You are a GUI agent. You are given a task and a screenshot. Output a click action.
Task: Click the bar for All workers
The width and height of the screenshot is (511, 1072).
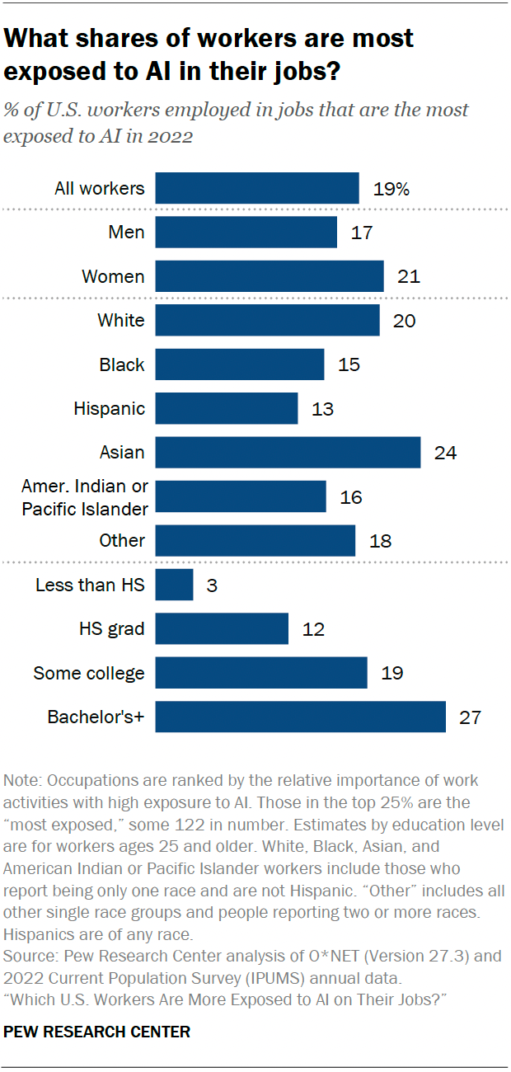[257, 188]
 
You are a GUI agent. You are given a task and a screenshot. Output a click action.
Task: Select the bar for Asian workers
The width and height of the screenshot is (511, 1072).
[288, 453]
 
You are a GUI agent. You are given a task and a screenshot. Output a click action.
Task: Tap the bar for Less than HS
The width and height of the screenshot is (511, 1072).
[174, 585]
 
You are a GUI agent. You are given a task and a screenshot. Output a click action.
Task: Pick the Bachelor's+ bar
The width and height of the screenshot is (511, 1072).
[300, 717]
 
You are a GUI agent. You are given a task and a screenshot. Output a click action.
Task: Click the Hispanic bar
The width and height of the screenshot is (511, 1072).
[227, 408]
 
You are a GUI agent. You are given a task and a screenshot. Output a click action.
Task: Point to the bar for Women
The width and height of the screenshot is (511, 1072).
[270, 276]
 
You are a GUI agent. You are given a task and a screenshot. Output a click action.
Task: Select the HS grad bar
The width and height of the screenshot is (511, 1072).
[222, 629]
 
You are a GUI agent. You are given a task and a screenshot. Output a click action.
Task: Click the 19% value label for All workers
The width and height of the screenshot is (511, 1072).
[390, 189]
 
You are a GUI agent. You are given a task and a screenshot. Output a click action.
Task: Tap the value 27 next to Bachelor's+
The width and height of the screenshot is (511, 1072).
[470, 717]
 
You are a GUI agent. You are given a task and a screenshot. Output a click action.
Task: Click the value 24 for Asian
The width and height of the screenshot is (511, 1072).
[446, 453]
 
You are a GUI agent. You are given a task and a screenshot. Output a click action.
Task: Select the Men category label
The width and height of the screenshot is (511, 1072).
[126, 233]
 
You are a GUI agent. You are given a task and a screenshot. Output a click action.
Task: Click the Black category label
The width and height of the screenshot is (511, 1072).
[121, 364]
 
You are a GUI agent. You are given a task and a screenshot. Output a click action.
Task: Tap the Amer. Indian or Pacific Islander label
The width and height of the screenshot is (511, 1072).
[85, 497]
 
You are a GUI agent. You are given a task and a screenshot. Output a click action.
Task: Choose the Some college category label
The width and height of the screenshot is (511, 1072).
[89, 674]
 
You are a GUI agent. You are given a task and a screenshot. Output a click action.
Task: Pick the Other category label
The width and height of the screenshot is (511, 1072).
[122, 541]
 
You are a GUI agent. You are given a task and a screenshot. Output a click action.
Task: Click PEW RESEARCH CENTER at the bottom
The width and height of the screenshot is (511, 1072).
[97, 1032]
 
